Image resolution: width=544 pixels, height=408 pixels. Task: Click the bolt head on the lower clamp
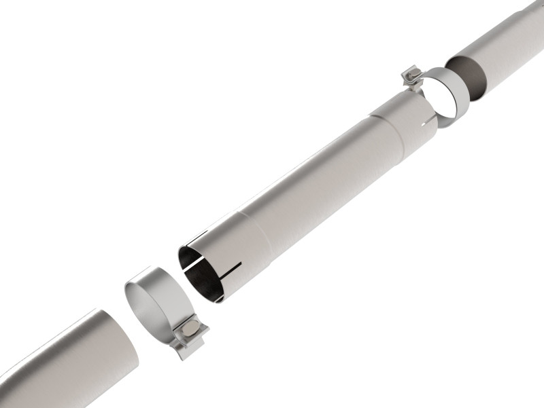coord(193,331)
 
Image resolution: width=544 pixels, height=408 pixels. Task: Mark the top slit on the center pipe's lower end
coord(198,238)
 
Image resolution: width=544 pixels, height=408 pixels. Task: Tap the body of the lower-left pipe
coord(61,367)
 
